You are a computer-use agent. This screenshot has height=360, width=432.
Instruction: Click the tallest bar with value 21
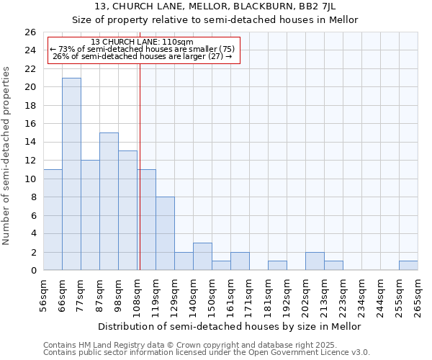71,174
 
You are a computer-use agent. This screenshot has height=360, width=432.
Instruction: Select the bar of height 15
109,202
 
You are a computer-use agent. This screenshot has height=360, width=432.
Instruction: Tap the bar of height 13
127,210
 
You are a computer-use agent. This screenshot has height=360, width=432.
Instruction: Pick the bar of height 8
165,233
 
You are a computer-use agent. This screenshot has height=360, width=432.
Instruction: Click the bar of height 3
202,256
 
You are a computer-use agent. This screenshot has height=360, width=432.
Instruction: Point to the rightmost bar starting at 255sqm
408,266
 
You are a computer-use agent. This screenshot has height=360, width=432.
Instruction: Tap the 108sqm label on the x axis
138,296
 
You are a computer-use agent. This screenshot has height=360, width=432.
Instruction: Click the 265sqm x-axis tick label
418,296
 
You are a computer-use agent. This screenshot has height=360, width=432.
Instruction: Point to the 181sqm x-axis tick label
269,296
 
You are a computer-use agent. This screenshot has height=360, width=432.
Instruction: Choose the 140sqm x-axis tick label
194,296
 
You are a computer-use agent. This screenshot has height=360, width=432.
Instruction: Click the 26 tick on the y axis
30,32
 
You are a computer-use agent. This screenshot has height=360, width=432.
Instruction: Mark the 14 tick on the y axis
30,142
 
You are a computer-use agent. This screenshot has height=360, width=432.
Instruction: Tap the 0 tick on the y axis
33,270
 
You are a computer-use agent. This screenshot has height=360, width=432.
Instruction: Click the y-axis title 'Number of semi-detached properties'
7,156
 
